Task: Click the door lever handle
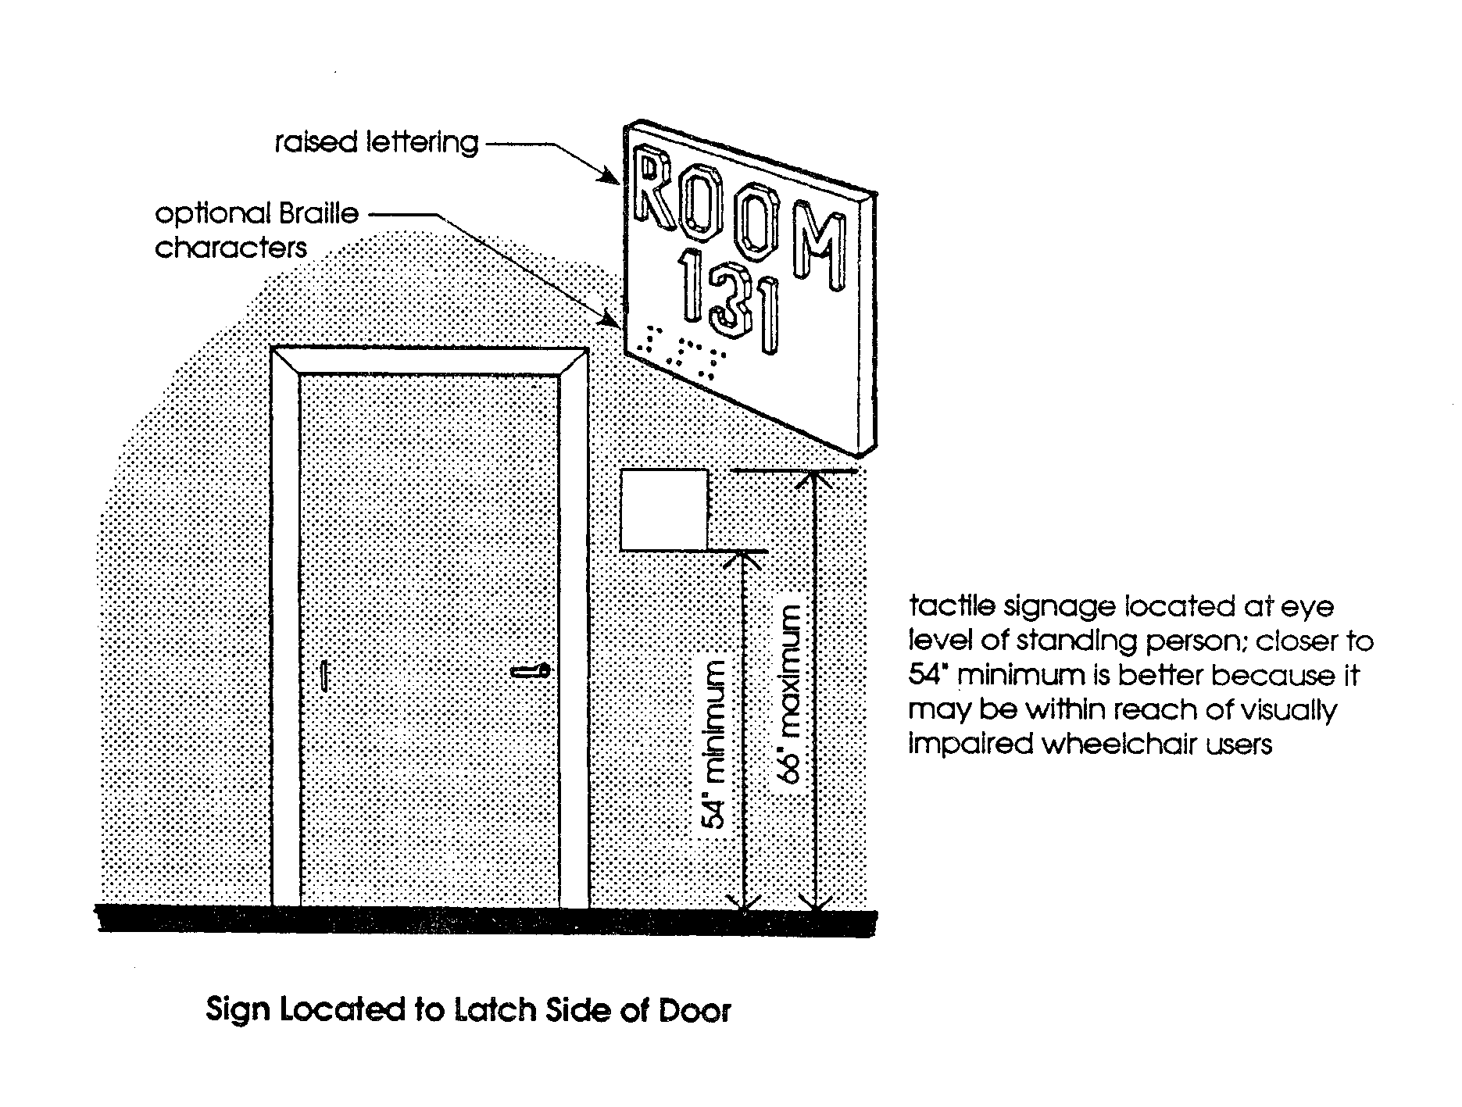[531, 671]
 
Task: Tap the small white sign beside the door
[664, 510]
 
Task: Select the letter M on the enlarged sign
[819, 243]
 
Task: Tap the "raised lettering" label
[376, 143]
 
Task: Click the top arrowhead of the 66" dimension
[815, 479]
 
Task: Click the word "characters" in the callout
[231, 248]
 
